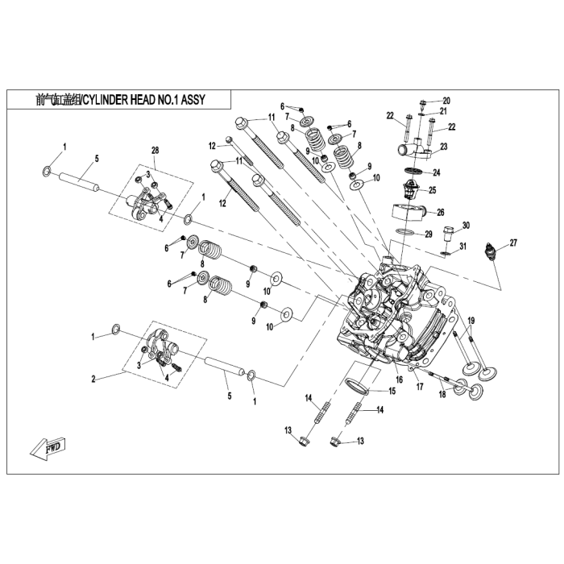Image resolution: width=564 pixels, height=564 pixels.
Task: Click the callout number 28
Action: [156, 151]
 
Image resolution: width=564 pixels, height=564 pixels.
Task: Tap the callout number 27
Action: [513, 242]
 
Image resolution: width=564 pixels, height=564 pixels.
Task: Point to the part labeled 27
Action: [487, 252]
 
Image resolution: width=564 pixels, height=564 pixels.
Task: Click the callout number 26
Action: [440, 213]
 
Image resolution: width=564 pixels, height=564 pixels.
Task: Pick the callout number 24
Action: [436, 172]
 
